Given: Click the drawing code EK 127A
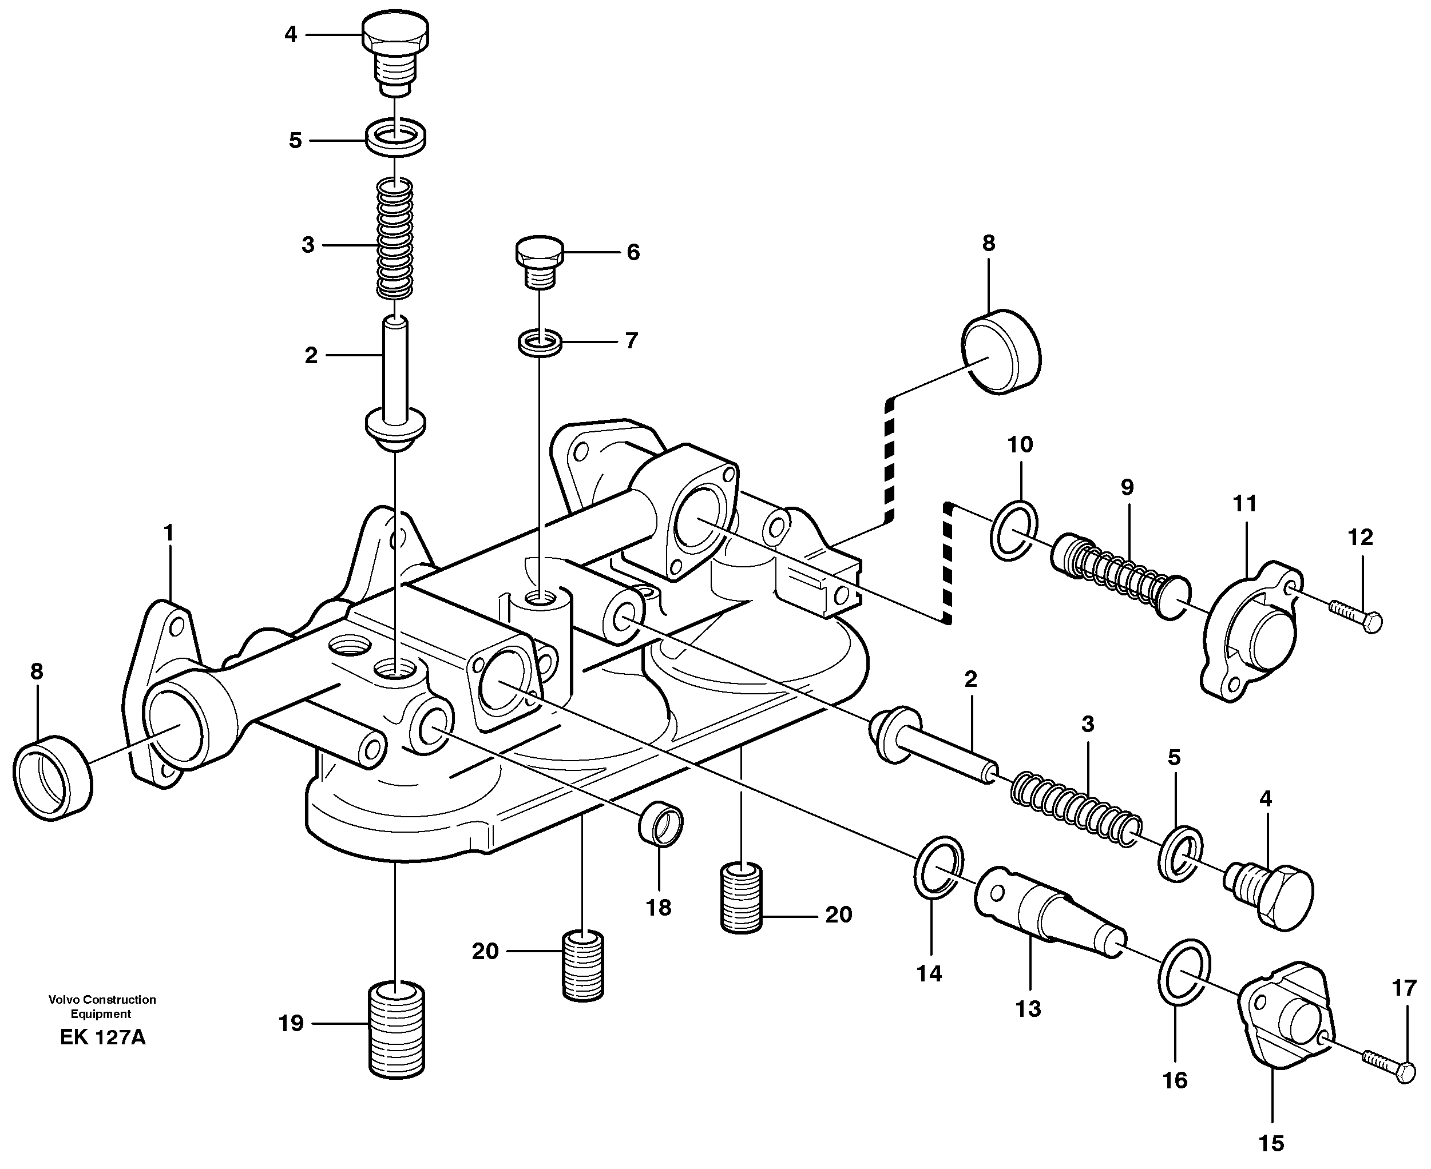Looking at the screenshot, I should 102,1037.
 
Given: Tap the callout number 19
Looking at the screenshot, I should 291,1024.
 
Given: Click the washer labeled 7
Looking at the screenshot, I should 540,343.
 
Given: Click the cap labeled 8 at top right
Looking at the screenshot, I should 1001,352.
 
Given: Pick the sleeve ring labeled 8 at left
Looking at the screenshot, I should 53,777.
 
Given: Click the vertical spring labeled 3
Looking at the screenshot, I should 395,239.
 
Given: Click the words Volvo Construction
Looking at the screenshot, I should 102,999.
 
